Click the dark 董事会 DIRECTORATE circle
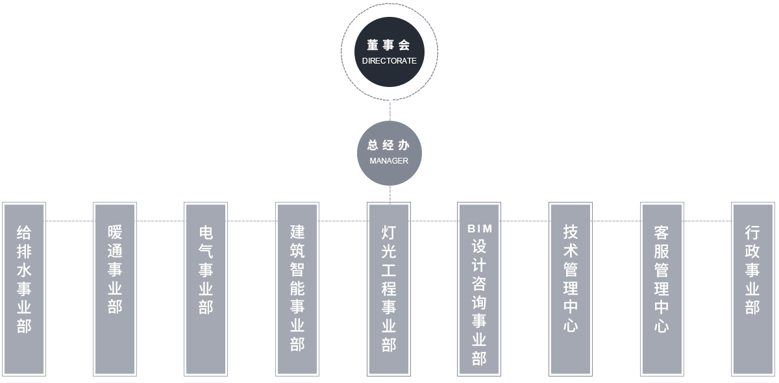[389, 52]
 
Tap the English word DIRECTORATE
[389, 61]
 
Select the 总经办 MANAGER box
[389, 153]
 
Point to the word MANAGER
[389, 160]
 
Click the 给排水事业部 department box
[23, 288]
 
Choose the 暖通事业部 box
[114, 288]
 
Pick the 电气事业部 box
[205, 288]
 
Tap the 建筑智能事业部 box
[298, 288]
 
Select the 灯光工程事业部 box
[389, 288]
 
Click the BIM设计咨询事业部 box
[480, 288]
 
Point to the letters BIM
[480, 229]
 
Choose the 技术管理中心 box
[571, 288]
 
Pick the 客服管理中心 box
[662, 288]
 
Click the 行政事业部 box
[752, 288]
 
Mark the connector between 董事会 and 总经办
[391, 110]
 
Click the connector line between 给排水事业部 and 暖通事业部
[68, 221]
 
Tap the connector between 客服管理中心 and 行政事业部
[706, 221]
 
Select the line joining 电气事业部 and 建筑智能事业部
[252, 221]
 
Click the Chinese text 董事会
[389, 45]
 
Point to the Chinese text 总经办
[389, 145]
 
